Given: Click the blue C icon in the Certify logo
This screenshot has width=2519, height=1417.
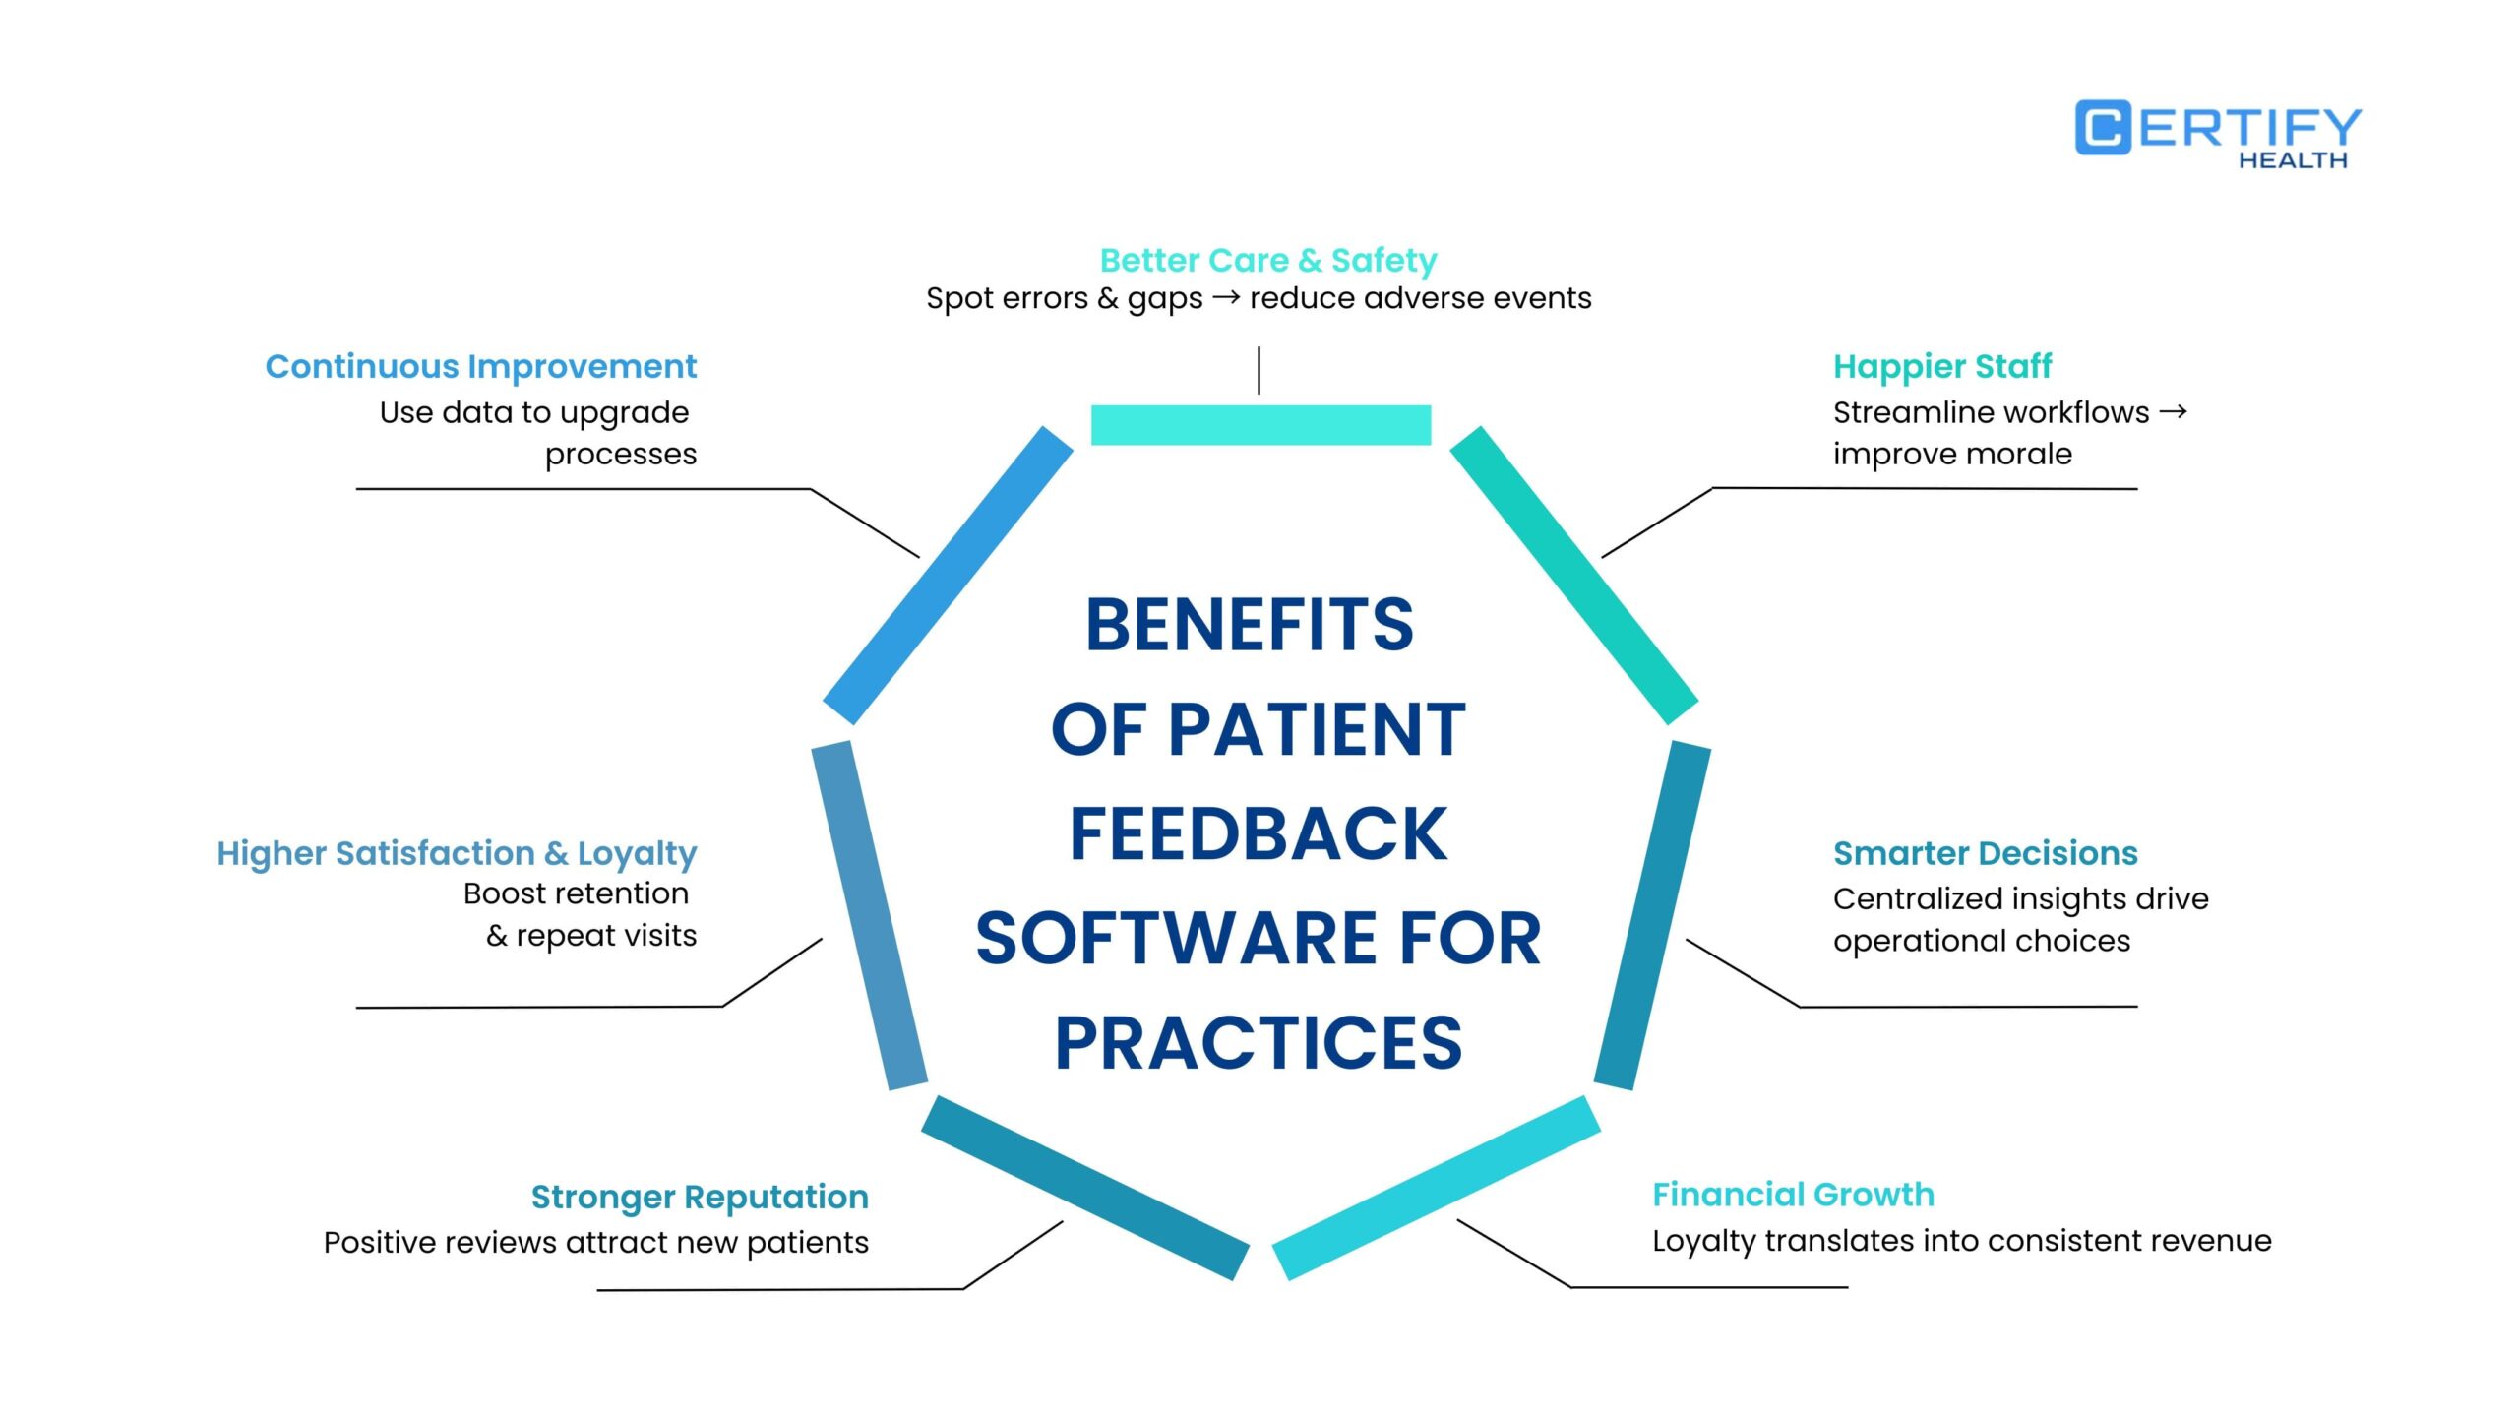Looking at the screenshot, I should [x=2104, y=128].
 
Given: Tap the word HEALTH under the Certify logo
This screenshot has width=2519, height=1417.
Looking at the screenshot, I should [x=2293, y=160].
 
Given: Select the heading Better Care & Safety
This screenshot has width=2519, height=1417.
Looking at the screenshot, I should [x=1268, y=260].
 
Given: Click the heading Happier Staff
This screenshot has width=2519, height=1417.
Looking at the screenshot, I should [x=1941, y=366].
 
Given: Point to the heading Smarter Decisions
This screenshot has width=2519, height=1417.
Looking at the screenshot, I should [x=1985, y=853].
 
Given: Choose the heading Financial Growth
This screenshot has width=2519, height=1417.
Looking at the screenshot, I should [x=1793, y=1195].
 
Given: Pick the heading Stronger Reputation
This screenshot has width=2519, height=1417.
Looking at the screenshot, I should [x=700, y=1197].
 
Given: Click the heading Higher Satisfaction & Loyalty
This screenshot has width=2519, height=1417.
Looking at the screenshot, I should [x=457, y=853].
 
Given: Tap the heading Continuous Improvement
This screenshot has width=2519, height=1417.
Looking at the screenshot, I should [x=480, y=366].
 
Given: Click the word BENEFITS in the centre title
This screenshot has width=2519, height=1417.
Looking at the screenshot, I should [x=1250, y=625].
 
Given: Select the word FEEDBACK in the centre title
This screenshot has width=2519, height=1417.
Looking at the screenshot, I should [x=1258, y=834].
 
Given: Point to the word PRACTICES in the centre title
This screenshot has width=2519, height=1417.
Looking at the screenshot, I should [x=1259, y=1043].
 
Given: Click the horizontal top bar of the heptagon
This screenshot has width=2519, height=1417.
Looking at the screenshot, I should [x=1260, y=425].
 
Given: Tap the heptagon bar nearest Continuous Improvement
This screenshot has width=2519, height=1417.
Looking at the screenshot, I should [x=948, y=576].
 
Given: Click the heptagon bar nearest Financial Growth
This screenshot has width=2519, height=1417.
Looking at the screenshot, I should [x=1437, y=1188].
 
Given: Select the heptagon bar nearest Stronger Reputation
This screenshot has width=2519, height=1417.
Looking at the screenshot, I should [x=1085, y=1188].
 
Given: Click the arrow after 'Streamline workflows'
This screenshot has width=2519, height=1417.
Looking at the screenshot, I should [x=2173, y=411].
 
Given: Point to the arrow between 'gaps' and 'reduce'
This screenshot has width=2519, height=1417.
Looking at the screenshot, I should [x=1225, y=296].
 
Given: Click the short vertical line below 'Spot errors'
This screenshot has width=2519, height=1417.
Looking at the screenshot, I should [x=1259, y=370].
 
